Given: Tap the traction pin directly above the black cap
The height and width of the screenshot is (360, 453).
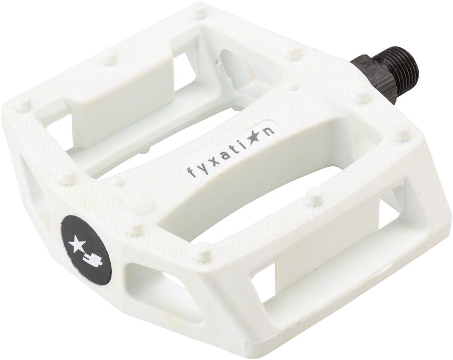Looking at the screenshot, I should point(134,228).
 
